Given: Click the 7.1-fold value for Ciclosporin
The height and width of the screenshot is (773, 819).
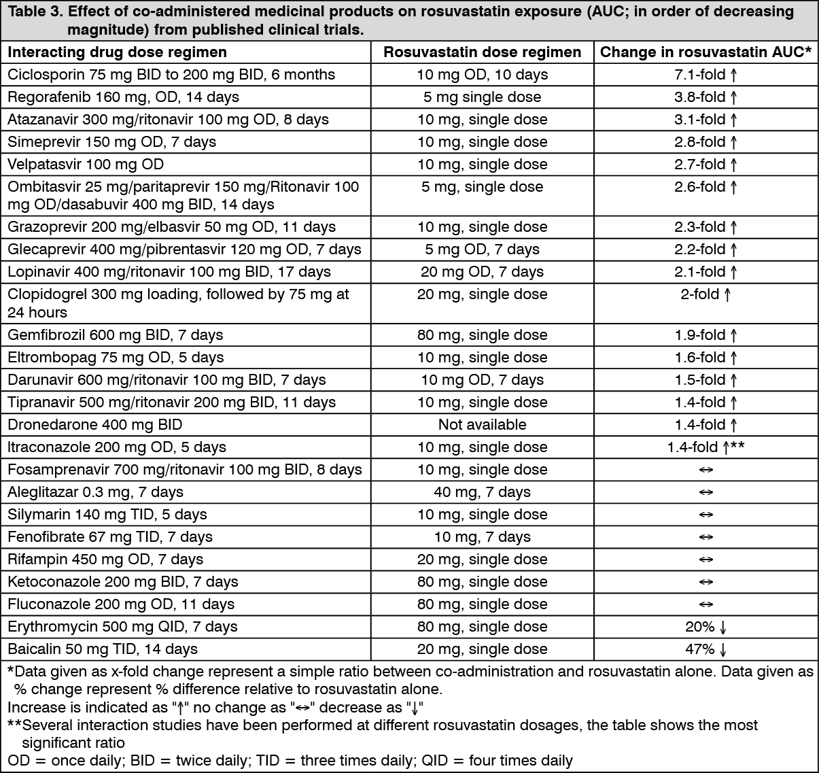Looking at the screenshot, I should [705, 75].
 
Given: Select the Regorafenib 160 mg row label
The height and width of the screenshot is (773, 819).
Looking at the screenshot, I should [123, 97].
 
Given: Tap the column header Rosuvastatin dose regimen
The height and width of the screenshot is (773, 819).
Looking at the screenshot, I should [482, 52].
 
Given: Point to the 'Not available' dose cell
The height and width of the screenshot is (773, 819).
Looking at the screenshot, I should [482, 425].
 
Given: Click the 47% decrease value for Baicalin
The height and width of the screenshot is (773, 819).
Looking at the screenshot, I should [705, 649].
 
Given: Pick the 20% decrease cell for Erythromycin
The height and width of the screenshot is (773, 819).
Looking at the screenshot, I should [705, 627].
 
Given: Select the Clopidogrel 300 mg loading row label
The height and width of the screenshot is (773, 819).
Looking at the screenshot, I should [178, 303].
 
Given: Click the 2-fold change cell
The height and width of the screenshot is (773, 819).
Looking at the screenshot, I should [705, 294].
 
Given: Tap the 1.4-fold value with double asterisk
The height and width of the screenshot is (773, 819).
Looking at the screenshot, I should [705, 447].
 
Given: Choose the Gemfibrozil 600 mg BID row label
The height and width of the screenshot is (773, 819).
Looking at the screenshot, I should [115, 335].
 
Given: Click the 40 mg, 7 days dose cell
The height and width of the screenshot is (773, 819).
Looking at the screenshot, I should [482, 492].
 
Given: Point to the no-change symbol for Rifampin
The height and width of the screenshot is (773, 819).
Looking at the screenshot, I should [705, 560].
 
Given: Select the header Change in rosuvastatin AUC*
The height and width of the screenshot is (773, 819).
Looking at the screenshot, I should [705, 52].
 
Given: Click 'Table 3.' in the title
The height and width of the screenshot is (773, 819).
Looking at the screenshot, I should [32, 12].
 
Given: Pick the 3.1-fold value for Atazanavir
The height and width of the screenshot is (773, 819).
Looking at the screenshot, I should [705, 120].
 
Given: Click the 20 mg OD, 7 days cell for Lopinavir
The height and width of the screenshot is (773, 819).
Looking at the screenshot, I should [482, 272].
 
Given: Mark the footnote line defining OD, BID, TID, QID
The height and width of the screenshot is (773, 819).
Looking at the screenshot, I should [290, 761].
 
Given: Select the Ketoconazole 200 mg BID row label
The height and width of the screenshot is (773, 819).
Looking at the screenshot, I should [122, 582].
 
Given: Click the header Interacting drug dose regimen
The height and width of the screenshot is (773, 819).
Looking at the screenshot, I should [117, 52].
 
